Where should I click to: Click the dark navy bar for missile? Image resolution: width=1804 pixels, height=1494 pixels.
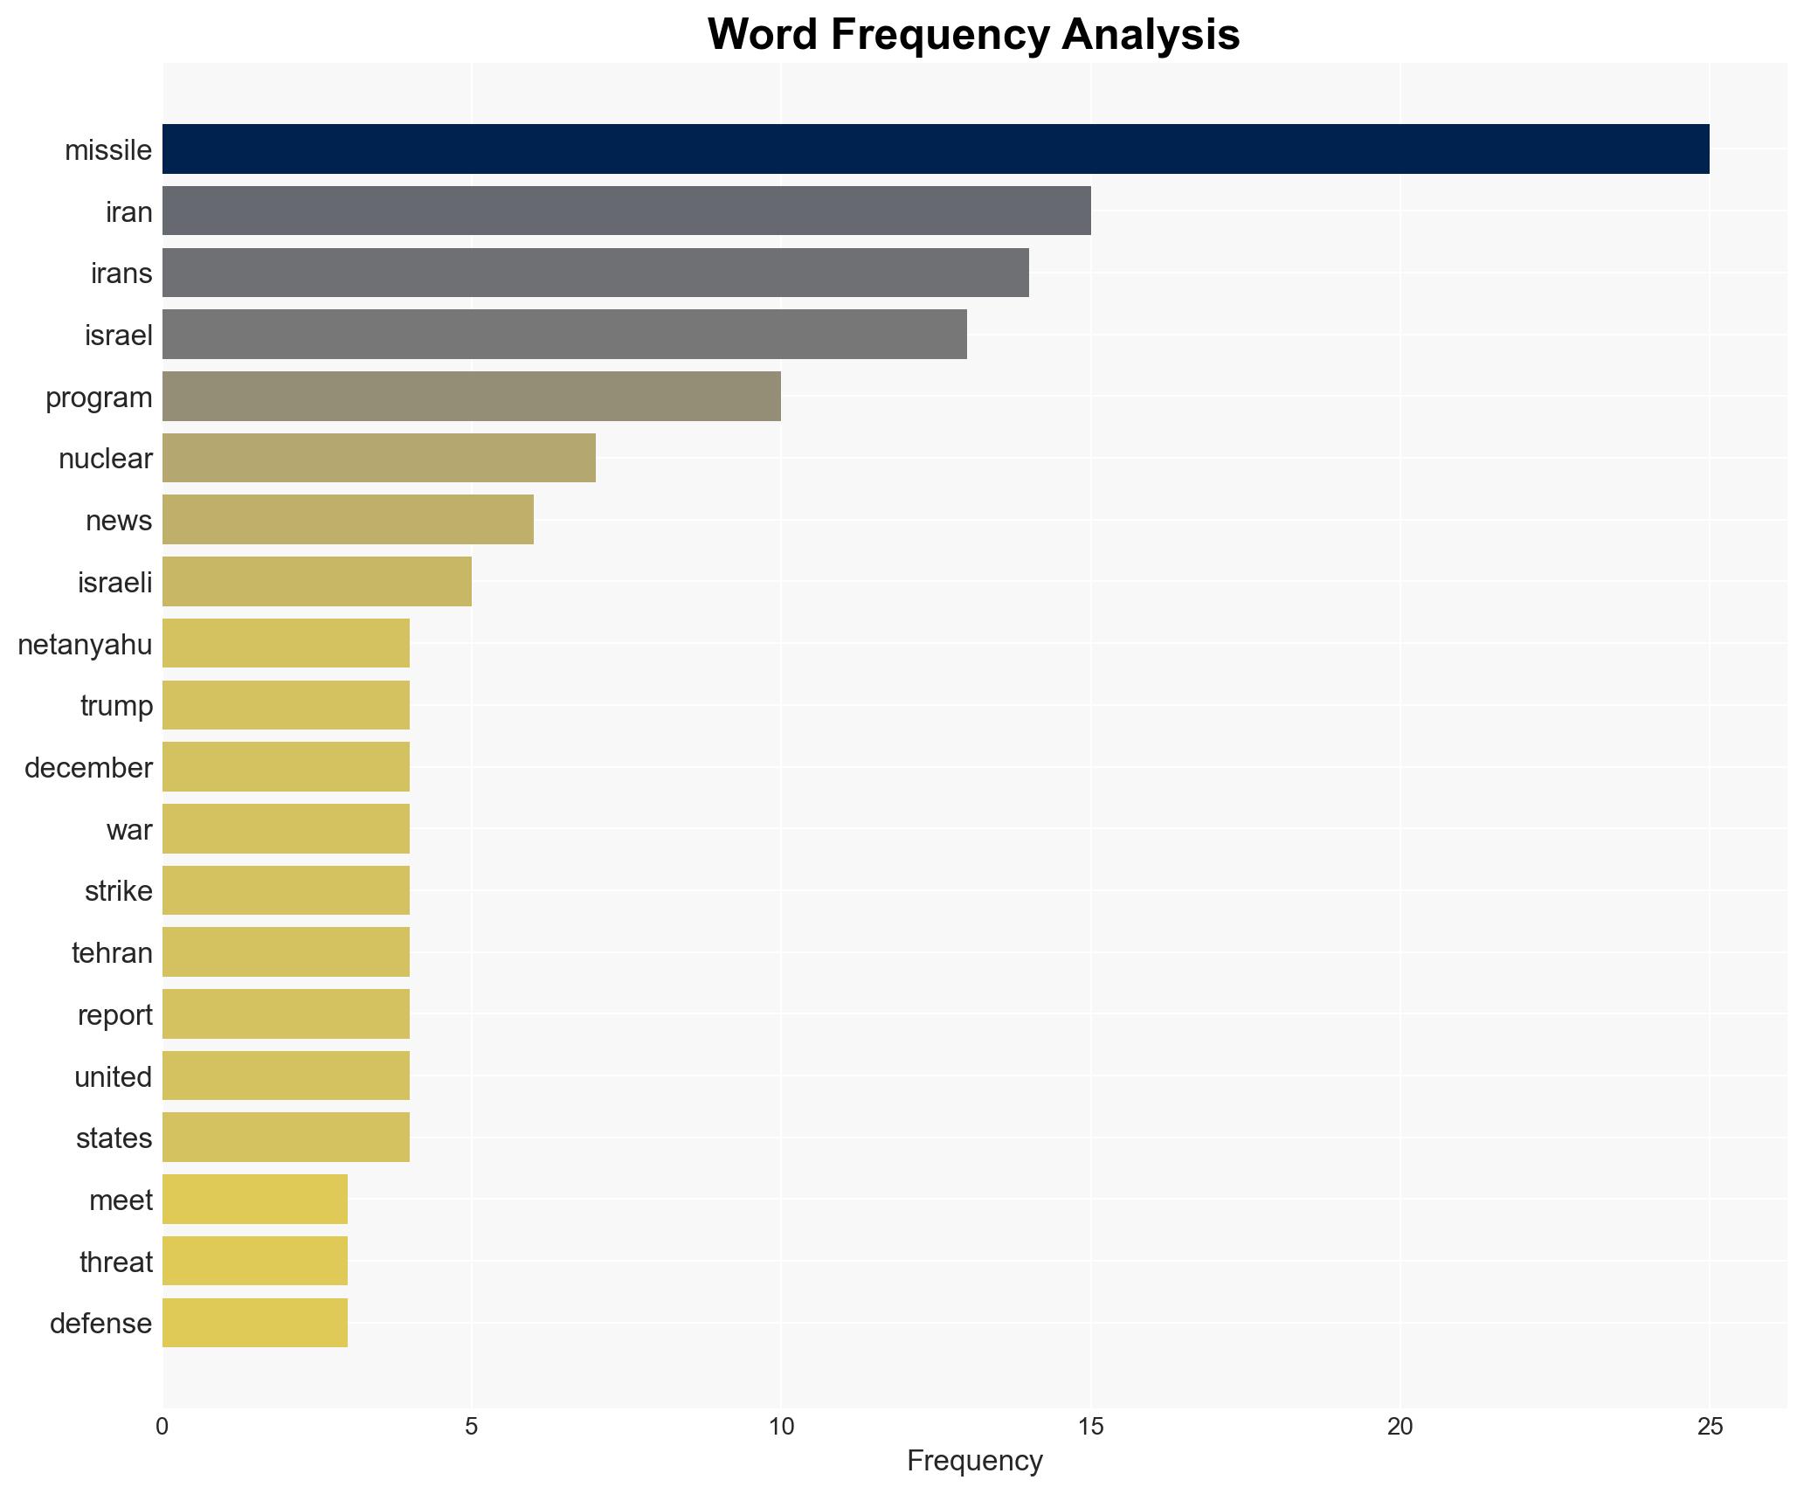(935, 149)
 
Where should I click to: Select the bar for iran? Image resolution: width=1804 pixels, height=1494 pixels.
(626, 211)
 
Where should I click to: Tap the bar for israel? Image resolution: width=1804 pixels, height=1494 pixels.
(564, 335)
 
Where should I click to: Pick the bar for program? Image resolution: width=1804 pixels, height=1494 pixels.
(472, 397)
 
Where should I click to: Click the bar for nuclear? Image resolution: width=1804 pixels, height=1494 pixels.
(379, 458)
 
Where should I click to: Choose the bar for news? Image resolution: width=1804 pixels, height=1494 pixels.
(348, 520)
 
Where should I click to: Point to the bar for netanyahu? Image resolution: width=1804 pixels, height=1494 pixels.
(286, 644)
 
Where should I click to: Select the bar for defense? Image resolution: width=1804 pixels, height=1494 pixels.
(255, 1323)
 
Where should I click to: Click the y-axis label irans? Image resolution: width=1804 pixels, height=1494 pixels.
(121, 273)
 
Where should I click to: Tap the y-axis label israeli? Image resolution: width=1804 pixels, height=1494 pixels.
(114, 582)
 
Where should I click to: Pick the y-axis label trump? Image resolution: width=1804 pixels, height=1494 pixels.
(116, 705)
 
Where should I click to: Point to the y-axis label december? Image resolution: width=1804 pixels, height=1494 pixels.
(88, 767)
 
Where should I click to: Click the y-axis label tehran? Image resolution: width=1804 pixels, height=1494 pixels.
(112, 952)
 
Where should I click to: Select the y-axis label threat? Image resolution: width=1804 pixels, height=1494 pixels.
(115, 1262)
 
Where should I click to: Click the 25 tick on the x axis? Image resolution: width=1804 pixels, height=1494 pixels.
(1710, 1427)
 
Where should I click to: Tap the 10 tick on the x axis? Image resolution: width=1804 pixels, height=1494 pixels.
(781, 1427)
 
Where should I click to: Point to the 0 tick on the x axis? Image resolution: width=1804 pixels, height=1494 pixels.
(162, 1427)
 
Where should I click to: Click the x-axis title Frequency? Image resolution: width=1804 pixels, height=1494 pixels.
(974, 1461)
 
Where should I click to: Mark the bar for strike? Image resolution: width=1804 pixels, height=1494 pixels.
(286, 890)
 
